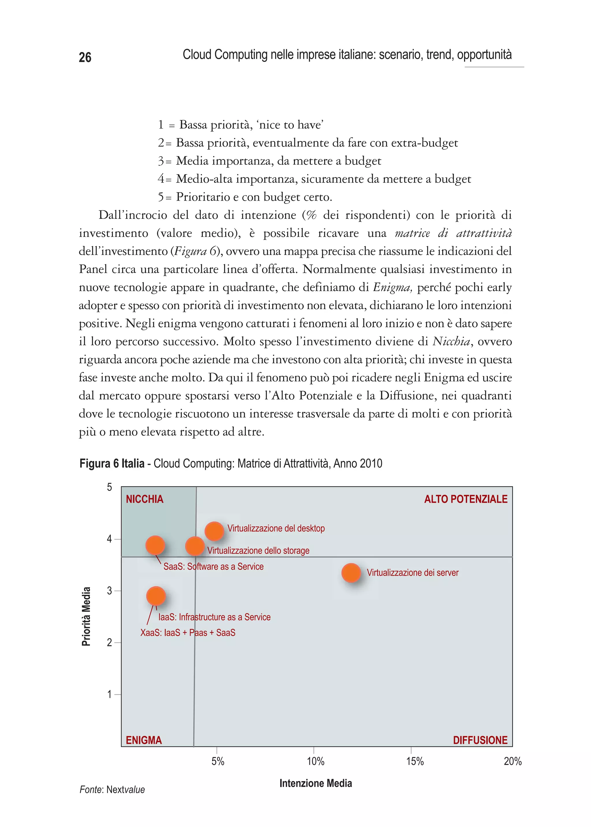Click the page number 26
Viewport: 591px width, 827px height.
[85, 57]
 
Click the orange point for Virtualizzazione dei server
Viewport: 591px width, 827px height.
[351, 573]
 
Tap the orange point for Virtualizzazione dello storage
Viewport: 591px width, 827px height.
[195, 546]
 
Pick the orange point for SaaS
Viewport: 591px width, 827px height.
[155, 545]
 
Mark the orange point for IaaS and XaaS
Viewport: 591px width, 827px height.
[156, 596]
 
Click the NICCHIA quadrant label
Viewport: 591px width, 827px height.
[145, 499]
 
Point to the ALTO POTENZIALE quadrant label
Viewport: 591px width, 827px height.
[465, 499]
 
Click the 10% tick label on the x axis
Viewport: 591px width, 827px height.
[315, 761]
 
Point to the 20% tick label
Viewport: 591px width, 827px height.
[513, 761]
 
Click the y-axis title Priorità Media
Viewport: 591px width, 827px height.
[86, 617]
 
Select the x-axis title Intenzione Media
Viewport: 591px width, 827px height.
[315, 783]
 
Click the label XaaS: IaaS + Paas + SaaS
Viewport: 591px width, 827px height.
[188, 633]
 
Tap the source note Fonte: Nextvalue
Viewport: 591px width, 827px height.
[112, 790]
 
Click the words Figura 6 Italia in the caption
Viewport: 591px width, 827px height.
[112, 464]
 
